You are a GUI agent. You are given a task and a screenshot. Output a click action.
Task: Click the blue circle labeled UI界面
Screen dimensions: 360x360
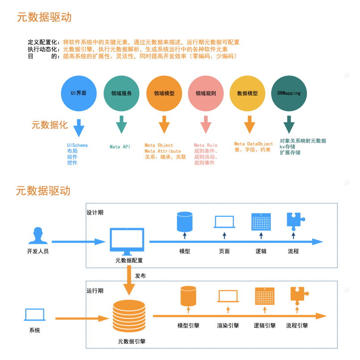79,93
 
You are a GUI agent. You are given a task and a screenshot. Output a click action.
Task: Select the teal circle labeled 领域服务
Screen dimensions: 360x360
121,93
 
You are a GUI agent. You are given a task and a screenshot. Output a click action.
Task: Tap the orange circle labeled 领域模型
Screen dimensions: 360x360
164,93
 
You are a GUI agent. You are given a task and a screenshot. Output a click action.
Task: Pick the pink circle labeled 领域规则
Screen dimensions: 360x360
206,93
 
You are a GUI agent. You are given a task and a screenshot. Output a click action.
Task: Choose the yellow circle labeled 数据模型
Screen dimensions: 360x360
247,93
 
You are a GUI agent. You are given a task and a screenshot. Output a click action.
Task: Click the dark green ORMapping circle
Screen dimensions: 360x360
289,93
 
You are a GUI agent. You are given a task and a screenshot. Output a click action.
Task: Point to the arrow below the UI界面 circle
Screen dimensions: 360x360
79,127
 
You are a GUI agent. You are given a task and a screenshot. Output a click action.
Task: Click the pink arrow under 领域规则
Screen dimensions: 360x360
206,125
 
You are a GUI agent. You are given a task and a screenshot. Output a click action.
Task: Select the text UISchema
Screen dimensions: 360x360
77,145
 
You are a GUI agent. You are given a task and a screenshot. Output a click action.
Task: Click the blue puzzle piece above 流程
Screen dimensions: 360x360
295,221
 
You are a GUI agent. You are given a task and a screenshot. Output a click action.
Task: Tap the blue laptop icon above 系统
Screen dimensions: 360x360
35,315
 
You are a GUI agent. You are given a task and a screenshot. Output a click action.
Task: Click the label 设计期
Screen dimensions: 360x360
95,213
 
